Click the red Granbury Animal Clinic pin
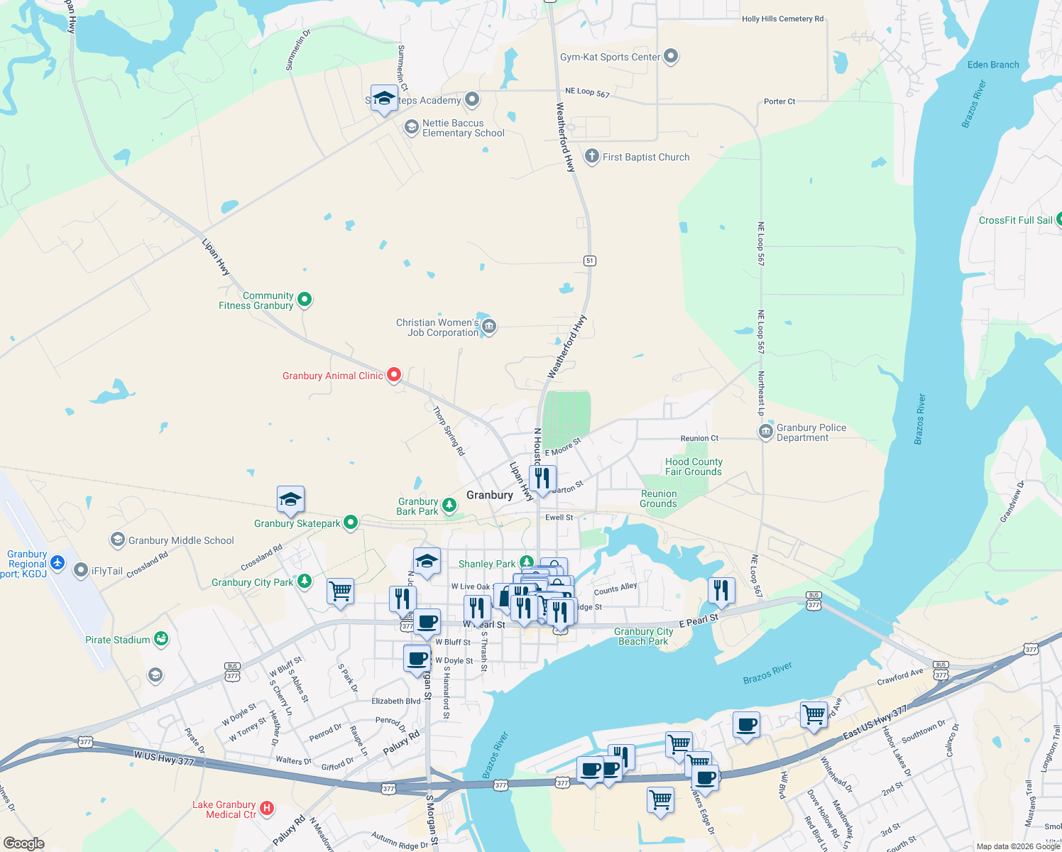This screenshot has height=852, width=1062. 394,374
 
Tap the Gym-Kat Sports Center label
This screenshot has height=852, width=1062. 610,57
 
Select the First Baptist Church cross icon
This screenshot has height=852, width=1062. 591,156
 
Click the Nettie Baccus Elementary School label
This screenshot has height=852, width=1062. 463,128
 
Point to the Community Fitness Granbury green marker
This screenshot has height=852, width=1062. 305,300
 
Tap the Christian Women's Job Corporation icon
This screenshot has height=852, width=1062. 488,327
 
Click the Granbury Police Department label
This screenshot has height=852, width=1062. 811,432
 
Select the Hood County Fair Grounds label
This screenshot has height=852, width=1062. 693,466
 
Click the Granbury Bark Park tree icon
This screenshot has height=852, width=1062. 449,505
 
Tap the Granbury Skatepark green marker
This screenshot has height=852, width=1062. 350,523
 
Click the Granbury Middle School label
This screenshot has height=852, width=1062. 181,540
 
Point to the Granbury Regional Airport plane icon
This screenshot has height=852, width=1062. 58,564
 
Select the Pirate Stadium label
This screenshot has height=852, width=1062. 117,640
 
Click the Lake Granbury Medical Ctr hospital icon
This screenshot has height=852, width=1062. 267,808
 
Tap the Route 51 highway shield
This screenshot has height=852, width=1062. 590,261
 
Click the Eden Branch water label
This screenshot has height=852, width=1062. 992,65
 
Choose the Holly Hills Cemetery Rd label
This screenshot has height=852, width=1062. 782,19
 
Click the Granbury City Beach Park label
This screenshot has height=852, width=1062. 643,636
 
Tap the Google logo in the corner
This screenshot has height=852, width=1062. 24,843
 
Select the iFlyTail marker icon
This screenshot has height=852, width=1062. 81,570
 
